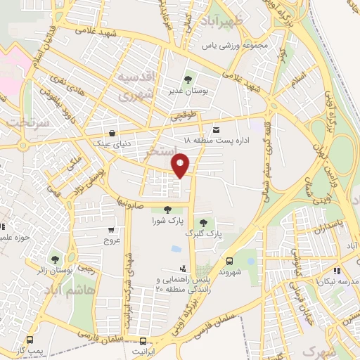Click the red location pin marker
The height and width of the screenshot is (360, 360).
point(181,167)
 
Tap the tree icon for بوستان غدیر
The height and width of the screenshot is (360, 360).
point(187,79)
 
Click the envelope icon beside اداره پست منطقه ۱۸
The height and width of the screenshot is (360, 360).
point(215,129)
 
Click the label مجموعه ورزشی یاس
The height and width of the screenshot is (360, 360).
point(235,46)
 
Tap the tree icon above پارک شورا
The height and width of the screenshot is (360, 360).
point(167,209)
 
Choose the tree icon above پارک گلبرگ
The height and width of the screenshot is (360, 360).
point(203,222)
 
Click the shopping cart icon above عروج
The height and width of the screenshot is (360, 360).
point(111,229)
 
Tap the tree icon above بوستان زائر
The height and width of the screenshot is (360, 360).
point(55,258)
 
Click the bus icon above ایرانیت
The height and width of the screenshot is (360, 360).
point(143,340)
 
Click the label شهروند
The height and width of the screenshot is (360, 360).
point(231,270)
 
